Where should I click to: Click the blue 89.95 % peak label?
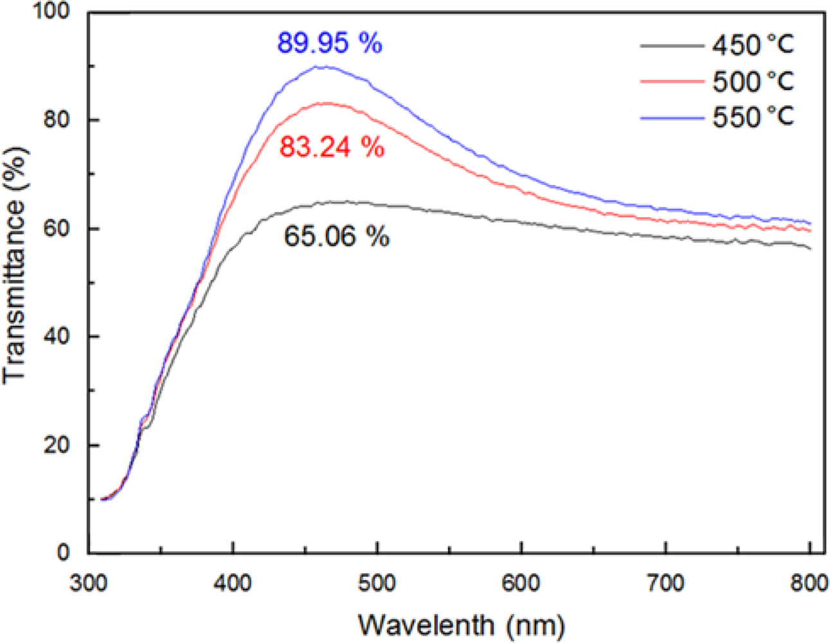pos(329,44)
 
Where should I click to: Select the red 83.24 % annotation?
pos(332,148)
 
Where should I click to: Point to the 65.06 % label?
pos(336,237)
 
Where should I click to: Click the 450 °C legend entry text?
pos(753,46)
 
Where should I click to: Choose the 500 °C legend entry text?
pos(753,82)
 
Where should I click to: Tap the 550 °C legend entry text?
pos(753,117)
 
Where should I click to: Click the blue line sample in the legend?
pos(671,118)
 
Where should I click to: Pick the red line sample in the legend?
pos(671,82)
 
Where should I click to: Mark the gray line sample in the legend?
pos(671,46)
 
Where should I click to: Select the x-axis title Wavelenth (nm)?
pos(461,624)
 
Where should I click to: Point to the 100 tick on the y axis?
pos(57,13)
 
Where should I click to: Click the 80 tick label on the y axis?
pos(64,120)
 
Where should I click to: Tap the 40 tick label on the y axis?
pos(64,337)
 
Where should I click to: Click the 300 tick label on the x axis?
pos(89,583)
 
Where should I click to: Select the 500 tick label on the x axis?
pos(377,583)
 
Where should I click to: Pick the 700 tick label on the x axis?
pos(665,583)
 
